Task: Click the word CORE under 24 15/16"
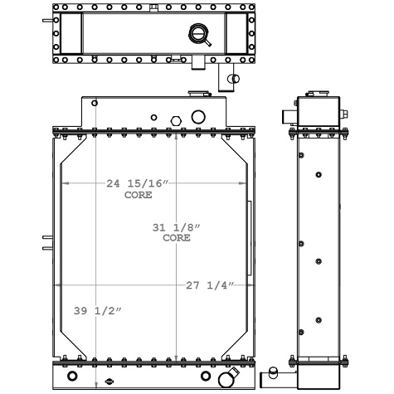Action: coord(138,196)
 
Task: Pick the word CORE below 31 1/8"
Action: coord(176,238)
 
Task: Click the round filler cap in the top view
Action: coord(199,34)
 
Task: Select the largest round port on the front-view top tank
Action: coord(198,117)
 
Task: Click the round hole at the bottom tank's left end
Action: coord(73,380)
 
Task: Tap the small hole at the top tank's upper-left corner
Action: coord(95,104)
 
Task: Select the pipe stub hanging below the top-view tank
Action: coord(229,79)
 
